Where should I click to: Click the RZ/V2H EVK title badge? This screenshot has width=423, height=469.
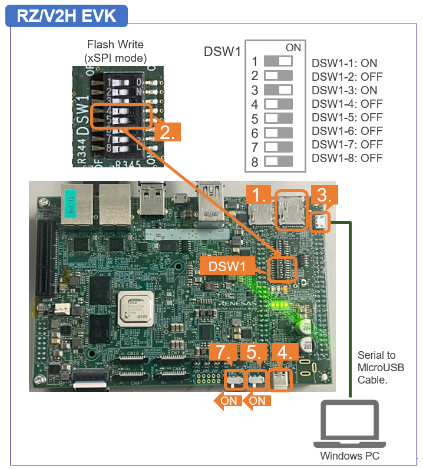pyautogui.click(x=65, y=15)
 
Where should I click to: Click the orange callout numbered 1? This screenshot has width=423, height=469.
pyautogui.click(x=260, y=195)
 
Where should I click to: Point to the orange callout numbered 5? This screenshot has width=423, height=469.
pyautogui.click(x=253, y=354)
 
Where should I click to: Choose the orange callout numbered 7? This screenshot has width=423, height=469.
pyautogui.click(x=222, y=354)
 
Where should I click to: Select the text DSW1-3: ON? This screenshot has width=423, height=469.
pyautogui.click(x=345, y=91)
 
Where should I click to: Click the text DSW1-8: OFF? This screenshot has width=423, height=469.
pyautogui.click(x=347, y=158)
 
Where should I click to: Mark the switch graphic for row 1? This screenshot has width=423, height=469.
pyautogui.click(x=279, y=61)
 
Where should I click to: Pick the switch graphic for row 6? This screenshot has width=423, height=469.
pyautogui.click(x=279, y=132)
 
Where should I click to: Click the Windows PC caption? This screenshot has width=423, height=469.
pyautogui.click(x=349, y=456)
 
